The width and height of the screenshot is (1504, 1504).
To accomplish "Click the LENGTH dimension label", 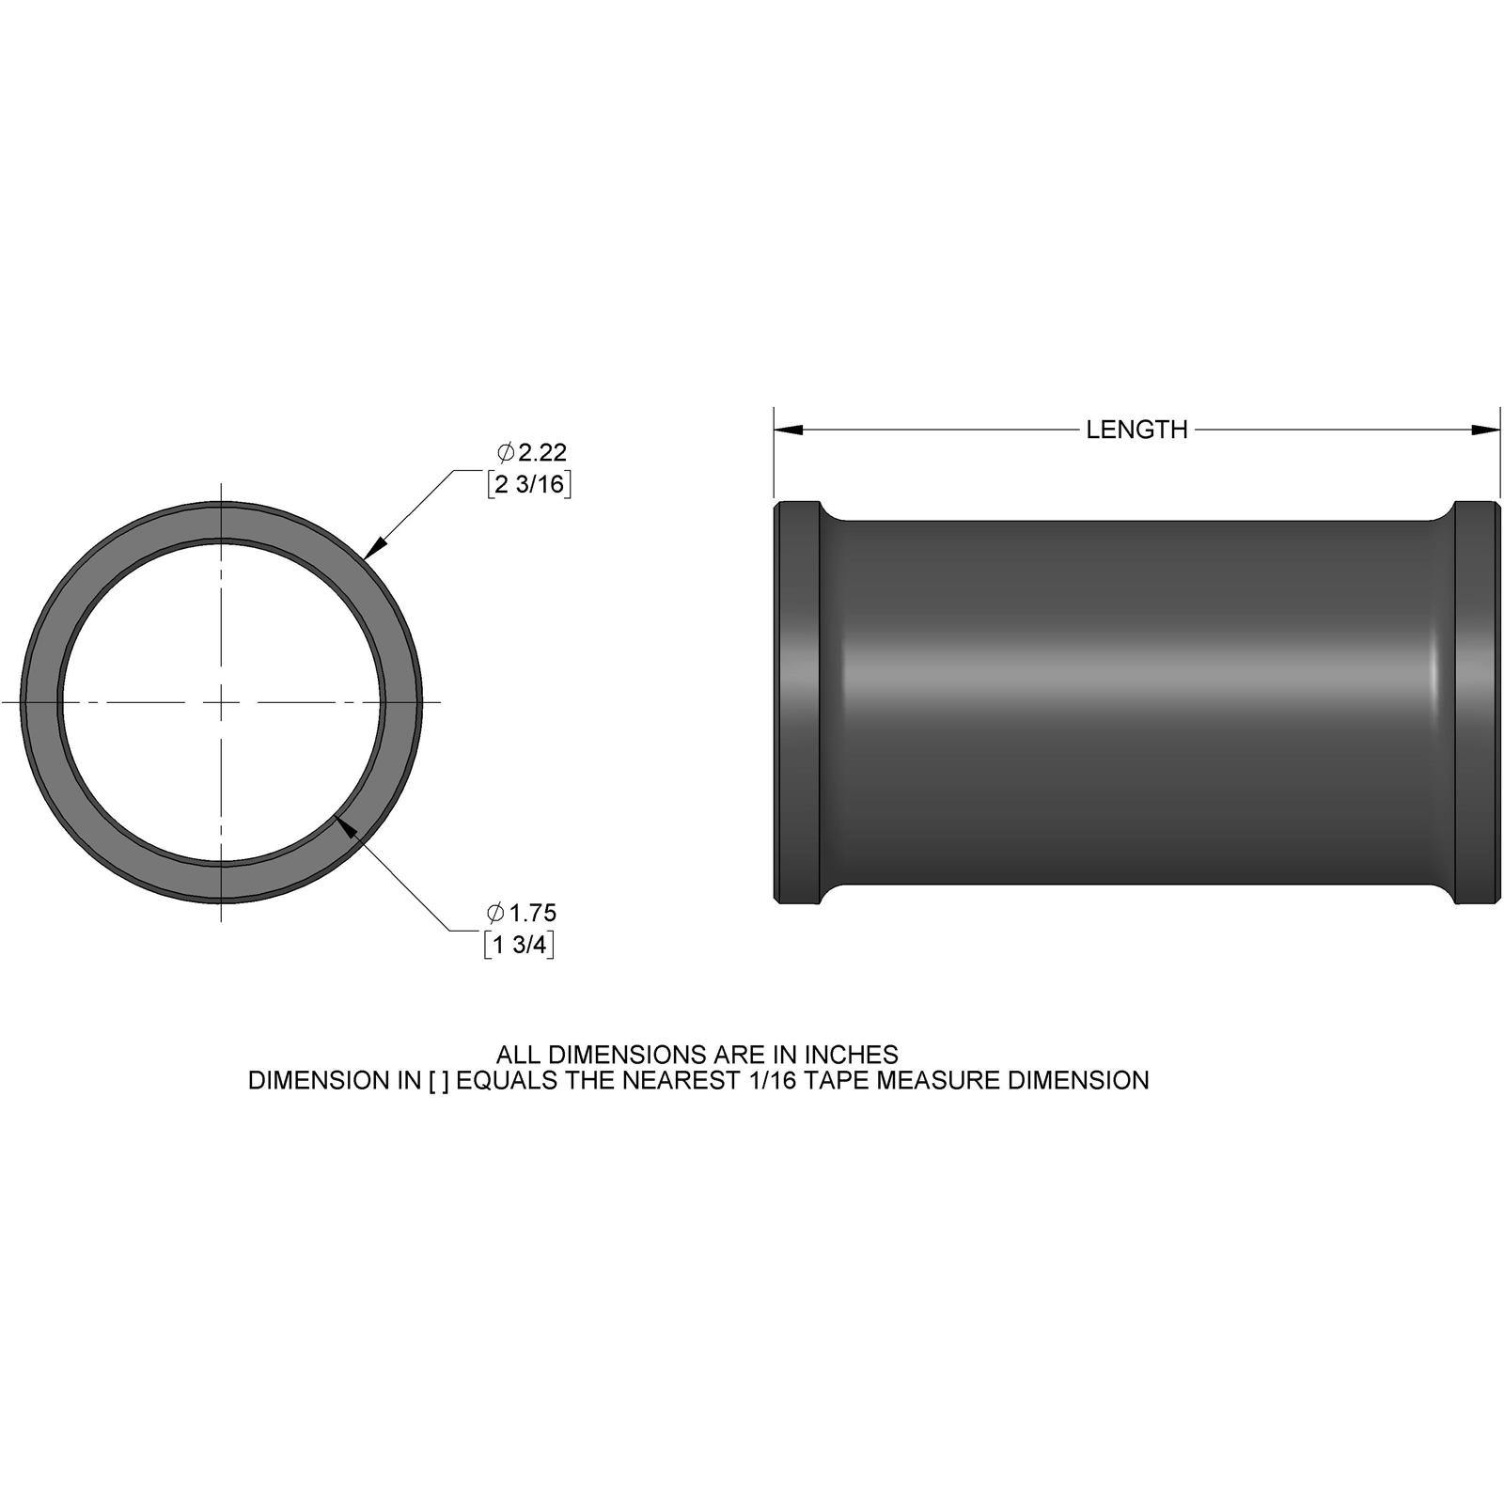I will pyautogui.click(x=1136, y=430).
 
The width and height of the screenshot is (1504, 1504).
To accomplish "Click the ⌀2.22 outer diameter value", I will pyautogui.click(x=541, y=453).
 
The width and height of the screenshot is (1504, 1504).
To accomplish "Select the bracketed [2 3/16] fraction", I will pyautogui.click(x=529, y=485).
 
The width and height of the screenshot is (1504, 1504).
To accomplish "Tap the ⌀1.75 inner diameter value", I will pyautogui.click(x=532, y=913).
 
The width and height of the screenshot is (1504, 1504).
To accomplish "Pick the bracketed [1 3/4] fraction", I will pyautogui.click(x=519, y=945).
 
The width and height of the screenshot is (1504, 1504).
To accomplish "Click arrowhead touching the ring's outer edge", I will pyautogui.click(x=373, y=549).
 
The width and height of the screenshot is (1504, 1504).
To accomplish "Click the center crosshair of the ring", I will pyautogui.click(x=221, y=701).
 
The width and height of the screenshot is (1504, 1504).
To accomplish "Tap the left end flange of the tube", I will pyautogui.click(x=796, y=702).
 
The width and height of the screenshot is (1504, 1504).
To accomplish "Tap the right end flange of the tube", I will pyautogui.click(x=1476, y=702).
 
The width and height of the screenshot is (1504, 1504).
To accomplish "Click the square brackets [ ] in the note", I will pyautogui.click(x=438, y=1081).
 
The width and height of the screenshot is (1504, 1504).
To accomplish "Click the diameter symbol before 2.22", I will pyautogui.click(x=506, y=453).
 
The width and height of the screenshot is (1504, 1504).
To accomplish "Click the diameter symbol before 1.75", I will pyautogui.click(x=495, y=913).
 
